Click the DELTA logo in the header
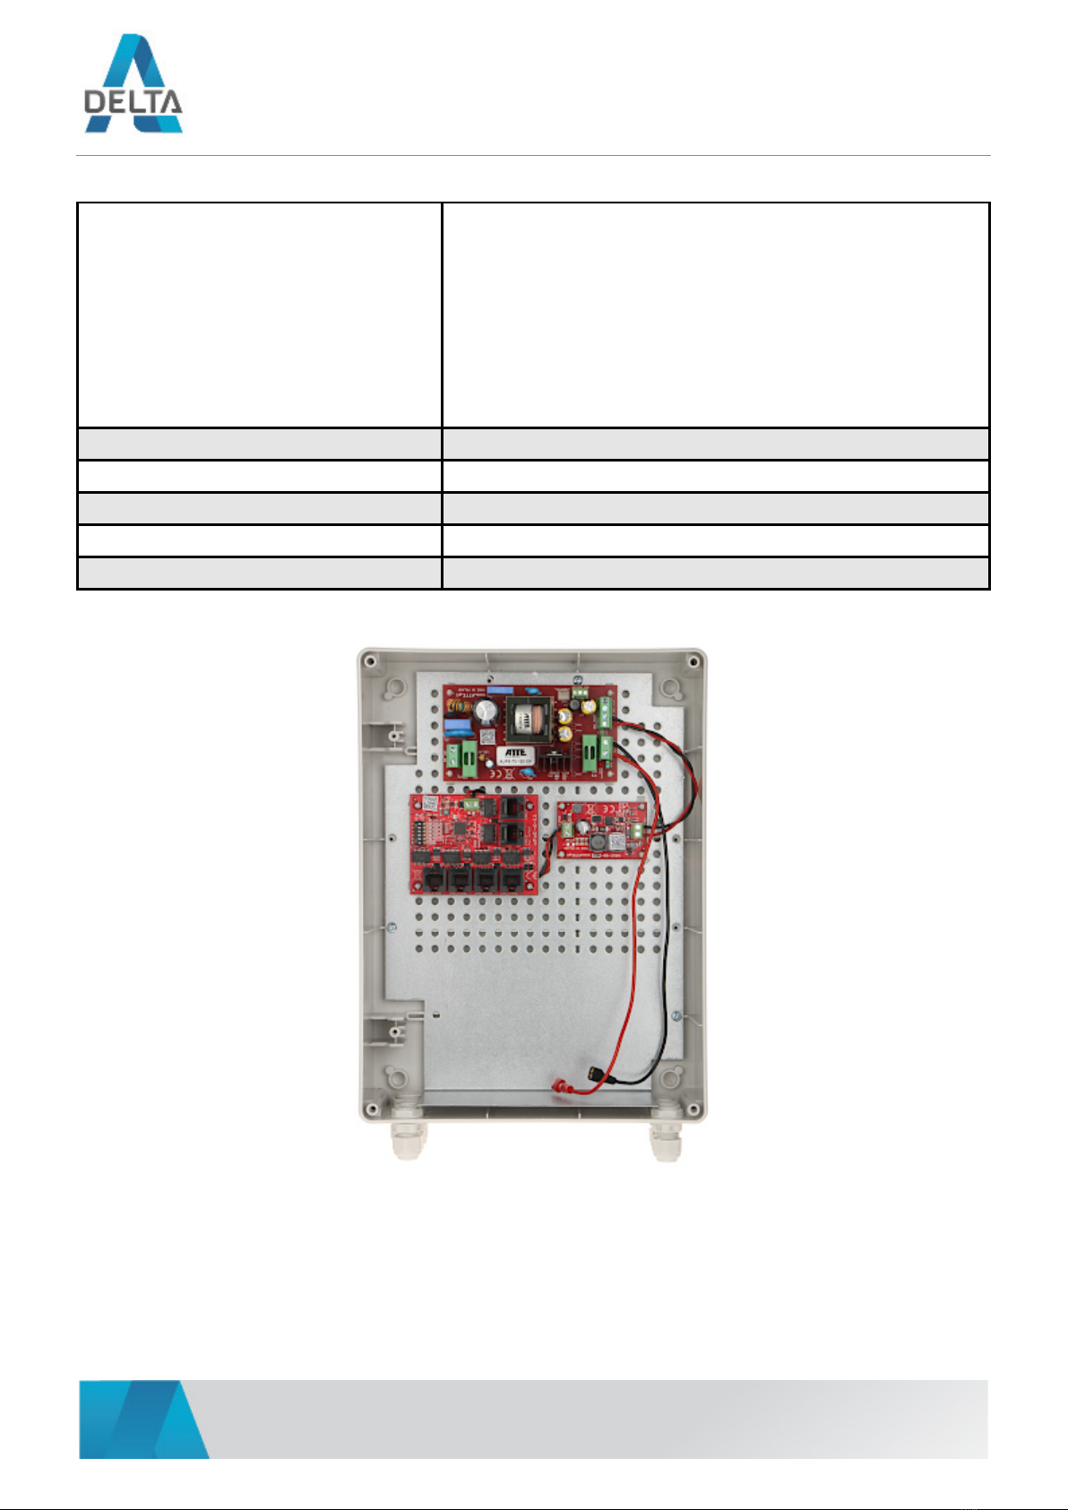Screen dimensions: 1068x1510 pyautogui.click(x=133, y=84)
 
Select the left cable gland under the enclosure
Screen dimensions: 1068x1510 pyautogui.click(x=409, y=1139)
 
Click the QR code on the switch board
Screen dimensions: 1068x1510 pyautogui.click(x=430, y=803)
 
